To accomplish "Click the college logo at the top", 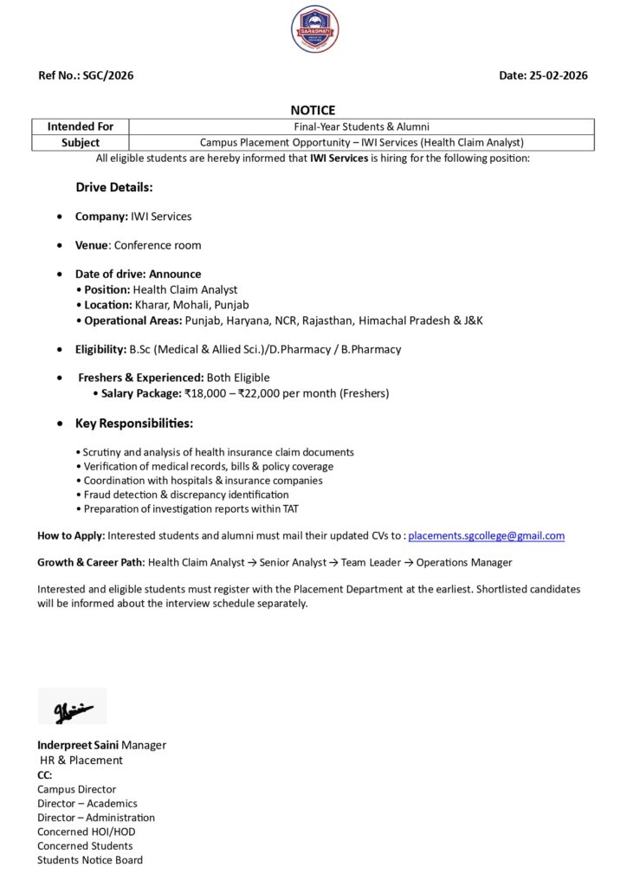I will point(314,29).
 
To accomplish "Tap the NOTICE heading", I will point(313,110).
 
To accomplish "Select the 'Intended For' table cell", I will point(80,126).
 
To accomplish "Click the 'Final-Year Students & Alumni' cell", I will point(361,126).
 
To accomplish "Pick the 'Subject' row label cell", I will point(80,142).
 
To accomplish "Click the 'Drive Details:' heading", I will point(114,187).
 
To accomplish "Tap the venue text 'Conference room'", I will point(158,245).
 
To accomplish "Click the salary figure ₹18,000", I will point(205,393).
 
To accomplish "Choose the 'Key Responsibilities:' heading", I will point(134,424).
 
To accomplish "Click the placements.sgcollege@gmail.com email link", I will point(486,536).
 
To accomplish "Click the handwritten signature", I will point(71,707).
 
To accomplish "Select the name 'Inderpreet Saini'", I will point(77,745).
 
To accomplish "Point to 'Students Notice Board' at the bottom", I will point(90,860).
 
